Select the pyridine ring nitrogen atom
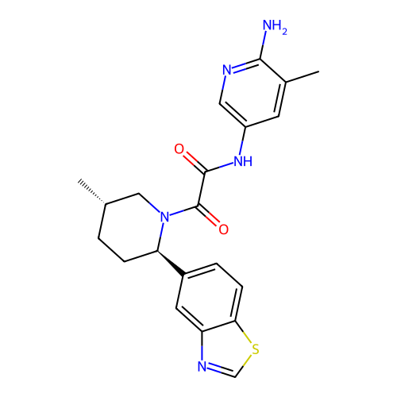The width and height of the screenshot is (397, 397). [x=227, y=70]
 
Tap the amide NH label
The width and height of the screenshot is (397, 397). [x=243, y=160]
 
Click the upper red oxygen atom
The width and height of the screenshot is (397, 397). [x=179, y=149]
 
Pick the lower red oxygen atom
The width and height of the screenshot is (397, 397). [x=223, y=229]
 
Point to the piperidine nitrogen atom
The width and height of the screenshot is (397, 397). [x=164, y=217]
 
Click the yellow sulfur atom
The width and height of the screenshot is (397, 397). [x=255, y=349]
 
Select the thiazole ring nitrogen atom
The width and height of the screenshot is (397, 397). [x=202, y=367]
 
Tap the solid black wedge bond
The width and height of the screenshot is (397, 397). [x=171, y=263]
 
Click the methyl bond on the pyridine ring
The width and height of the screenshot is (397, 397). [x=303, y=76]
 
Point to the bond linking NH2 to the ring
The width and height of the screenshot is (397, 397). [x=263, y=45]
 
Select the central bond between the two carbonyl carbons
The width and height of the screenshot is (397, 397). [x=201, y=189]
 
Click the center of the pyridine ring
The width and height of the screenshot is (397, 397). [x=252, y=93]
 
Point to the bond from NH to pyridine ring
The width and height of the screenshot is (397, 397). [x=243, y=141]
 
